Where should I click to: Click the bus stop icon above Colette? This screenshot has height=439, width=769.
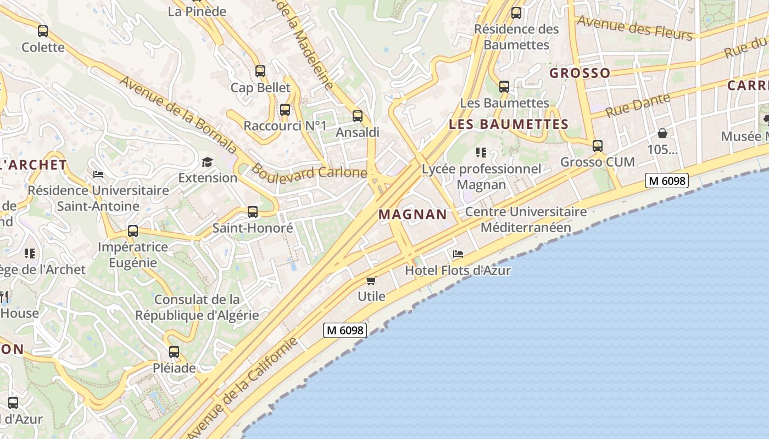pyautogui.click(x=43, y=31)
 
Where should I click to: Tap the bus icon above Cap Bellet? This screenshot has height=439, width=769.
pyautogui.click(x=260, y=71)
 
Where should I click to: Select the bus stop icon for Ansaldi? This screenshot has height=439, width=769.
pyautogui.click(x=358, y=116)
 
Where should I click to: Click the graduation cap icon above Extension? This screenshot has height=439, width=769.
pyautogui.click(x=207, y=162)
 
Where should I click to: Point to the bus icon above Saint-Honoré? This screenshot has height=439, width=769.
pyautogui.click(x=253, y=212)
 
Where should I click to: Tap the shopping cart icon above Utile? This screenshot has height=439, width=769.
pyautogui.click(x=371, y=281)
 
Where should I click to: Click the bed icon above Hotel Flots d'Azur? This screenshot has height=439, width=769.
pyautogui.click(x=458, y=254)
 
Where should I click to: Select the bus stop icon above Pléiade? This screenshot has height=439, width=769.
pyautogui.click(x=174, y=352)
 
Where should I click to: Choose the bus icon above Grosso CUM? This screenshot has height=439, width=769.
pyautogui.click(x=598, y=146)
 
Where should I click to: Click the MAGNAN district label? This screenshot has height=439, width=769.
pyautogui.click(x=413, y=214)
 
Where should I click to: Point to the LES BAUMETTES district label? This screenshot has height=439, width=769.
pyautogui.click(x=509, y=124)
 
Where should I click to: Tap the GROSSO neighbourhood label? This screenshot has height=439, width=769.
pyautogui.click(x=580, y=73)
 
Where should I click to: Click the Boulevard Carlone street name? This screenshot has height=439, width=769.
pyautogui.click(x=309, y=172)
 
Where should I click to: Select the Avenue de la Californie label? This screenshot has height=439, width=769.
pyautogui.click(x=243, y=387)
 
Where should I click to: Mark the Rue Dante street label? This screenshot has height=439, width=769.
pyautogui.click(x=638, y=105)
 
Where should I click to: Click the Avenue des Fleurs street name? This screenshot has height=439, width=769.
pyautogui.click(x=634, y=27)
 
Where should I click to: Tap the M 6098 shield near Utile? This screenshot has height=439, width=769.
pyautogui.click(x=344, y=330)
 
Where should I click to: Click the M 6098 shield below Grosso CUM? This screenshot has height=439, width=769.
pyautogui.click(x=667, y=180)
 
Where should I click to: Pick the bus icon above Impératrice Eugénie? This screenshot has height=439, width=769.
pyautogui.click(x=132, y=232)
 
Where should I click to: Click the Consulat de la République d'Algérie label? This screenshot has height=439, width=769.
pyautogui.click(x=197, y=307)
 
